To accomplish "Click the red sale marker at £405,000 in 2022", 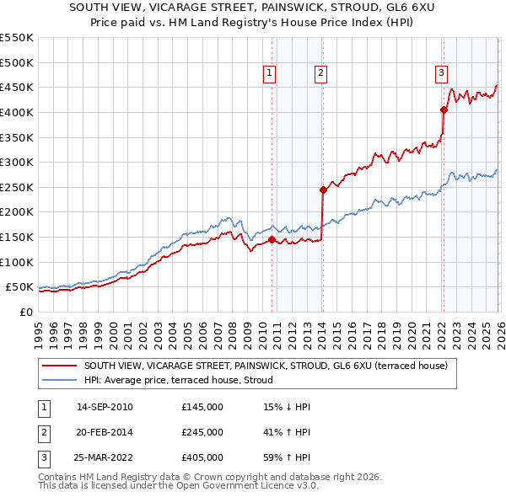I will [x=444, y=109].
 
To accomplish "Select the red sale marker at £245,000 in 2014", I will [x=323, y=190].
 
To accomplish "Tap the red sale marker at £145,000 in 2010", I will [x=272, y=239].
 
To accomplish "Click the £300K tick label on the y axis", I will [x=17, y=162].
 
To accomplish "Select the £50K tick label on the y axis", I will [x=20, y=287].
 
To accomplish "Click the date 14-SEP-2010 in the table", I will [x=105, y=407].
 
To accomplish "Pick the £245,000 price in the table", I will [x=202, y=432].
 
